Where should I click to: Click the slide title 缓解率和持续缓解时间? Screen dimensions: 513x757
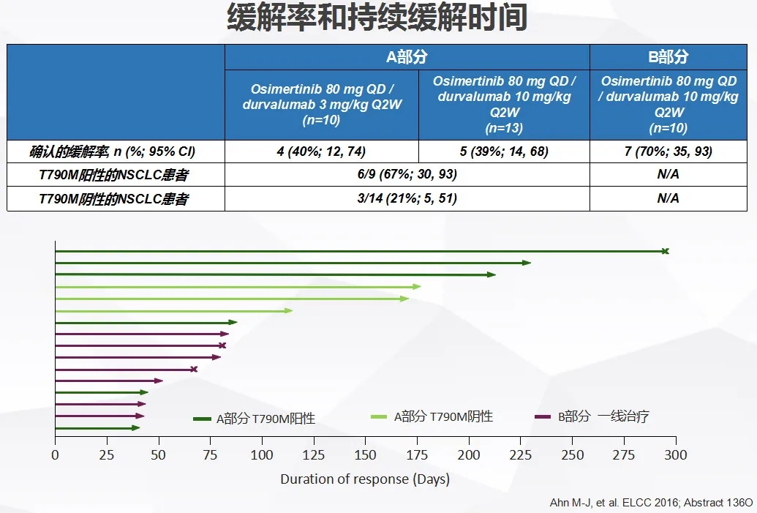pyautogui.click(x=377, y=18)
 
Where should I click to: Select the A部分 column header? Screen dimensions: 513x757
pyautogui.click(x=407, y=57)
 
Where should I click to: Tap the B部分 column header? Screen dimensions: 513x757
pyautogui.click(x=669, y=57)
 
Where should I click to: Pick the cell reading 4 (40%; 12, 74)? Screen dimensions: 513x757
pyautogui.click(x=322, y=151)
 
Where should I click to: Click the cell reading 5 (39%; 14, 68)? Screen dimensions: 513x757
pyautogui.click(x=503, y=151)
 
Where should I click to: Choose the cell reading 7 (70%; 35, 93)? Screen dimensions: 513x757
pyautogui.click(x=669, y=151)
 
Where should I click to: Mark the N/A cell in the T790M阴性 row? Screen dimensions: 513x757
pyautogui.click(x=669, y=198)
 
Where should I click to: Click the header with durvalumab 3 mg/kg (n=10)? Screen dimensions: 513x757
pyautogui.click(x=322, y=104)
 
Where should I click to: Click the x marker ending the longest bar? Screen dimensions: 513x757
pyautogui.click(x=665, y=252)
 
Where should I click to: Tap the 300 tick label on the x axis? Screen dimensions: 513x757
pyautogui.click(x=676, y=454)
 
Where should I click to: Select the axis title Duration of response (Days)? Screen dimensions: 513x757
pyautogui.click(x=365, y=479)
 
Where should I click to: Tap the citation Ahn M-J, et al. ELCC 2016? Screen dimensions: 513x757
pyautogui.click(x=650, y=503)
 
